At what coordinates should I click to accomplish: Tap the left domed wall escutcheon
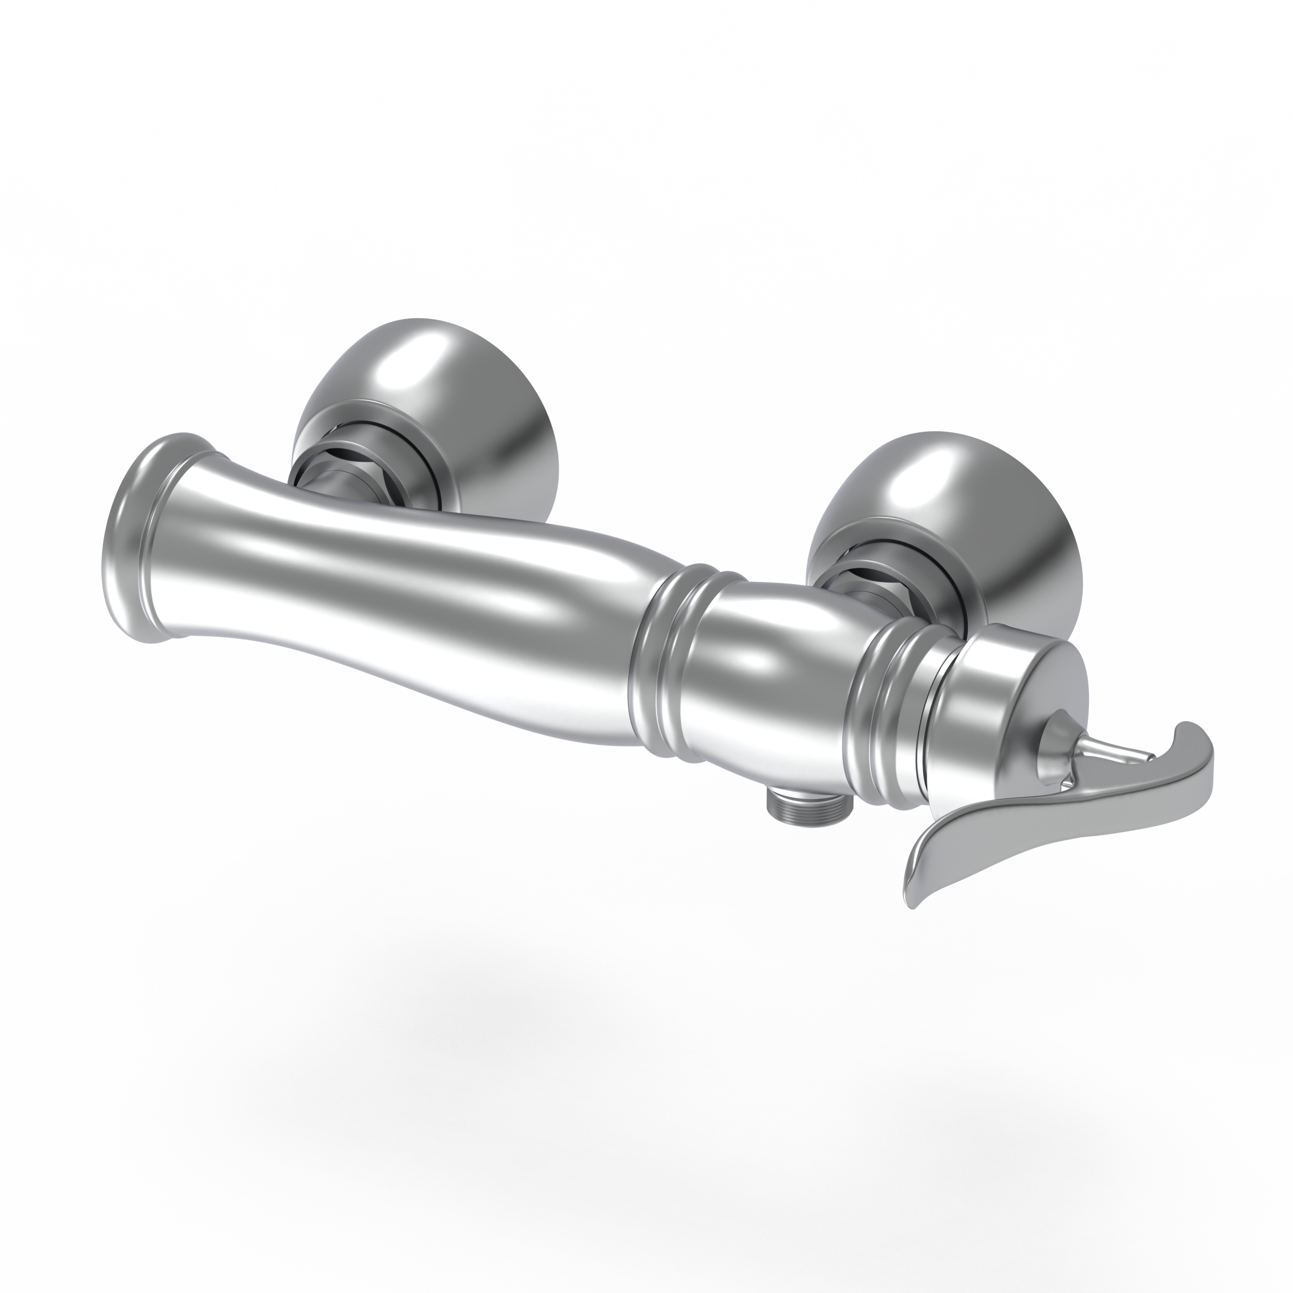click(428, 402)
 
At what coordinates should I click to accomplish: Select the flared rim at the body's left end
click(134, 535)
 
